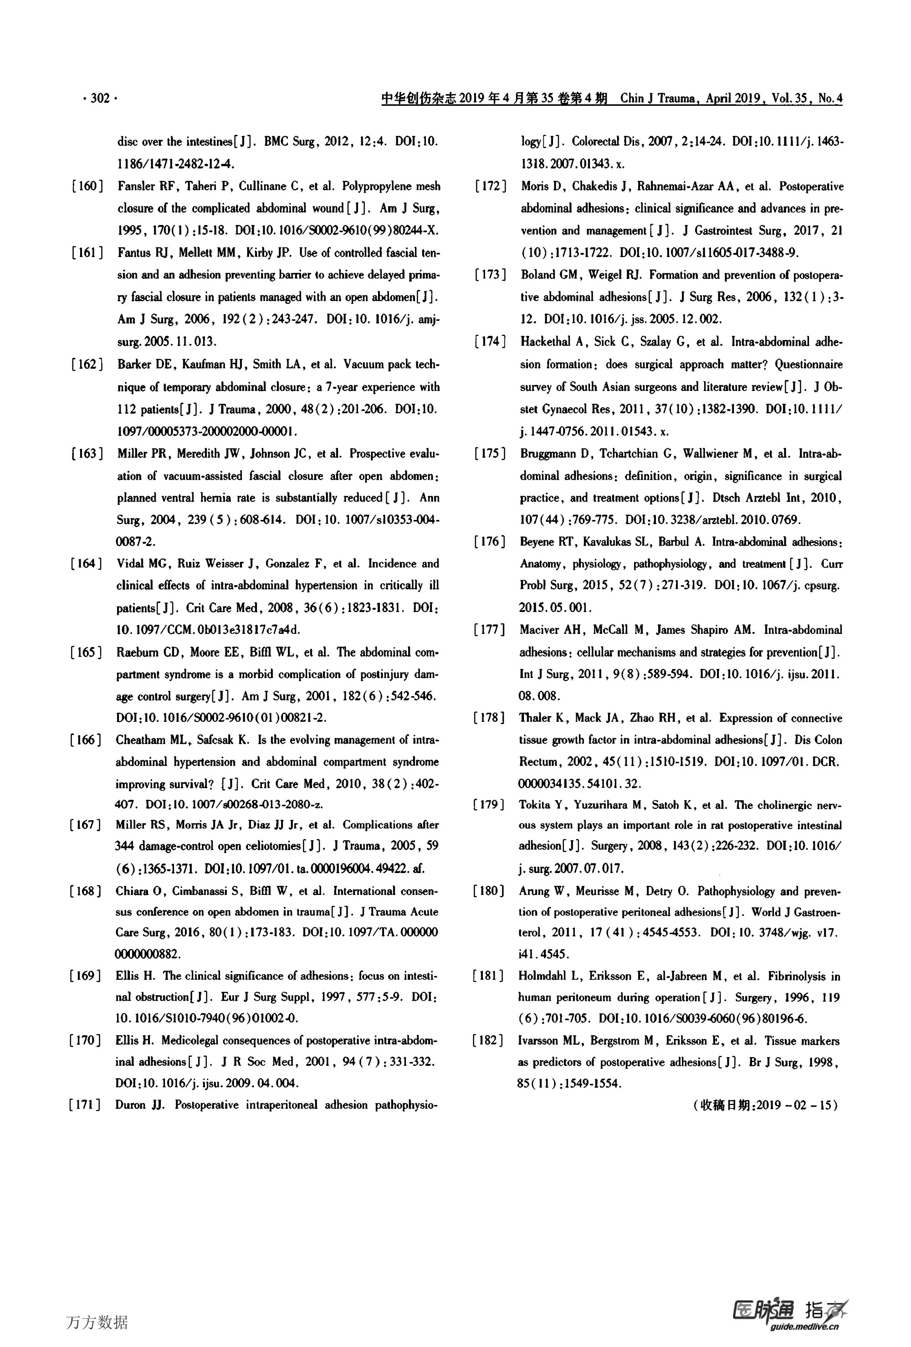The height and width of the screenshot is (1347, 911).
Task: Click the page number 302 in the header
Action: [x=100, y=98]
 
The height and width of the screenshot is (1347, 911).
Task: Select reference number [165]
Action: [x=87, y=652]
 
